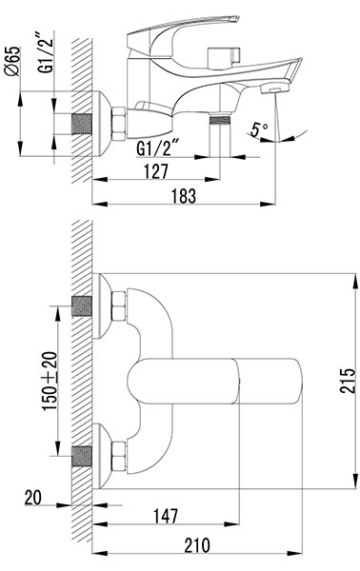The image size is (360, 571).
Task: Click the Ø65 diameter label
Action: tap(13, 61)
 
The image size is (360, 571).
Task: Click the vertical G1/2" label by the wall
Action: tap(47, 52)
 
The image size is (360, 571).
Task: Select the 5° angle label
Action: tap(259, 129)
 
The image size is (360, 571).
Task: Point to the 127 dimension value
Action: tap(157, 171)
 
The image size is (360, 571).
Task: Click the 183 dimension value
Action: tap(184, 195)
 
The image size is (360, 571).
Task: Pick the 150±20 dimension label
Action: tap(50, 381)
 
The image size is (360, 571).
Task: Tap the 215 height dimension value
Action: tap(347, 381)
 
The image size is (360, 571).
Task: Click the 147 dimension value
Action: tap(166, 516)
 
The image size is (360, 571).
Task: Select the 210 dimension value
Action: tap(197, 545)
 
